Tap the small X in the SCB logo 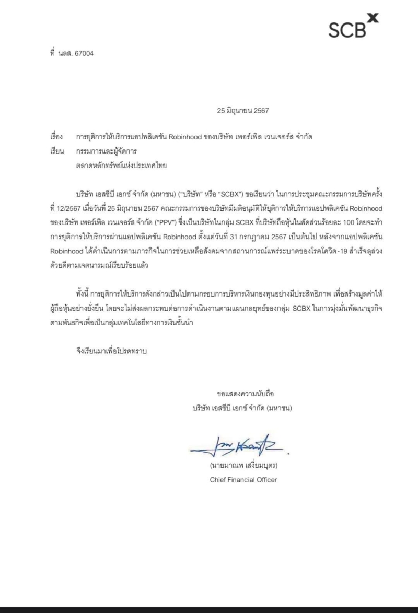[x=372, y=19]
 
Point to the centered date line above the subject [x=242, y=111]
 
